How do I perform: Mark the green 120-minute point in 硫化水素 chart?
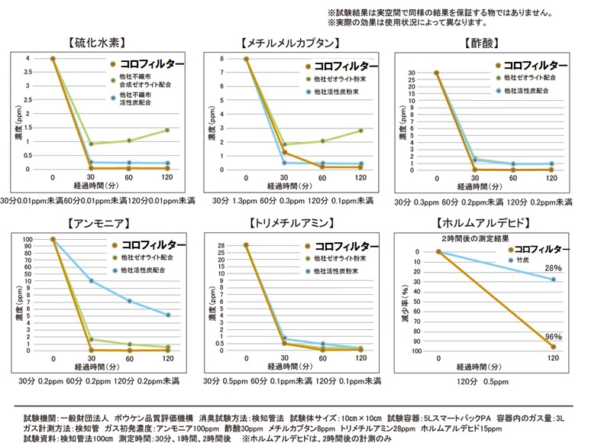[x=166, y=130]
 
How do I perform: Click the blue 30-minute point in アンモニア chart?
[x=91, y=281]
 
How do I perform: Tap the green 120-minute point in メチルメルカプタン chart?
[x=360, y=131]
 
